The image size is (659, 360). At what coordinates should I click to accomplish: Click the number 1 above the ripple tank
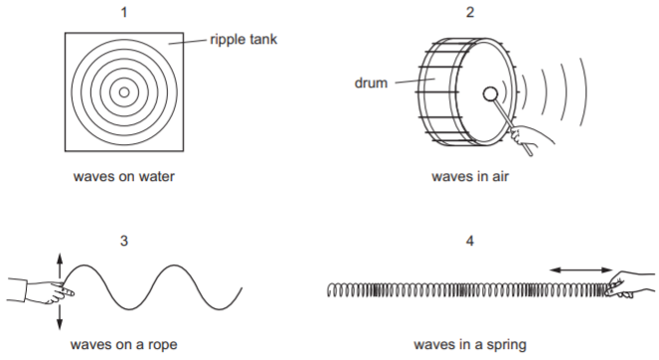(x=124, y=13)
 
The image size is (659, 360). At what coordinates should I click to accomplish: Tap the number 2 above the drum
(x=470, y=13)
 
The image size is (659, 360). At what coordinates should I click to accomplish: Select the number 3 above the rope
(x=124, y=241)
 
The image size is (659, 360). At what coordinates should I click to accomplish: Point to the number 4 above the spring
(x=470, y=241)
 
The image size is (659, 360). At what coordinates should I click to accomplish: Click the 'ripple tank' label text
(x=244, y=39)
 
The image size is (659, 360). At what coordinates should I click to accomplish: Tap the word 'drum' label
(x=371, y=83)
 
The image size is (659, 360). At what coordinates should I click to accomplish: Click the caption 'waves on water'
(x=124, y=176)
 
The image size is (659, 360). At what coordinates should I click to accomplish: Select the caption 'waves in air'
(x=470, y=176)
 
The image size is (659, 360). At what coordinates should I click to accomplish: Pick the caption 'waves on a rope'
(x=124, y=345)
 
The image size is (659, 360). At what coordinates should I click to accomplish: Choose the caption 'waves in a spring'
(x=470, y=345)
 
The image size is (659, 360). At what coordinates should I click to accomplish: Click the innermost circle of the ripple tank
(x=124, y=92)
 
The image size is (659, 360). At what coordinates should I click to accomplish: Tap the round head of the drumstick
(x=490, y=94)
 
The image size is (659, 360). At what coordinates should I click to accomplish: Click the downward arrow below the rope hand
(x=60, y=316)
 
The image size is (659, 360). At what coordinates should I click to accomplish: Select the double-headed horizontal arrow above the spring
(x=580, y=270)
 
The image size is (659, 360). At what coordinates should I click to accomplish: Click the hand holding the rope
(x=41, y=290)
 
